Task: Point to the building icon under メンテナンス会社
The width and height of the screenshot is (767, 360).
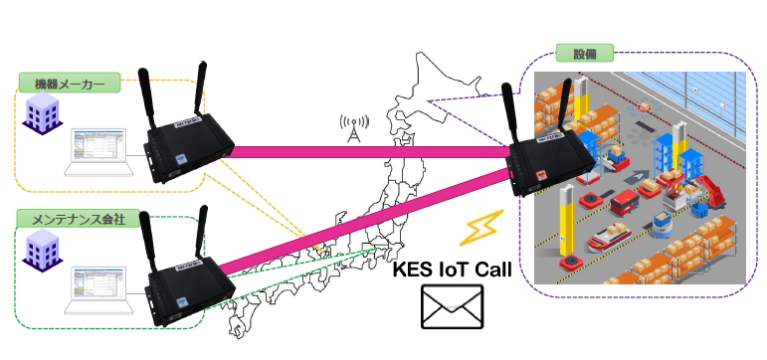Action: point(43,251)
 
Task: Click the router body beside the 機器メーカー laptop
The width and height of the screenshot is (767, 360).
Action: point(188,149)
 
